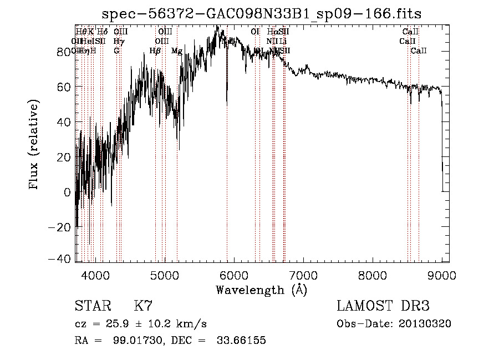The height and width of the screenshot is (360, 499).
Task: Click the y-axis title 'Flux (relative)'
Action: coord(35,145)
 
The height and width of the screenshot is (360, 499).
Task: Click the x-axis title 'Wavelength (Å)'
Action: coord(262,290)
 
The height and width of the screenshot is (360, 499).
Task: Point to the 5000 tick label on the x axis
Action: coord(165,275)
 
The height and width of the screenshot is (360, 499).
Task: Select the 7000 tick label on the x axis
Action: coord(303,275)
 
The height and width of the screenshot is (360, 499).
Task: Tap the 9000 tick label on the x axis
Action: coord(442,275)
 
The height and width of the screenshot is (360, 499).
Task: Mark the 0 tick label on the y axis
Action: coord(68,192)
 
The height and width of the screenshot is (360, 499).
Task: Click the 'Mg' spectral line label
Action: coord(177,51)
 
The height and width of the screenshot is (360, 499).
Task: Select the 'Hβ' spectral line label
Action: coord(155,51)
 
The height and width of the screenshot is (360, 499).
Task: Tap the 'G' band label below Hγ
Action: coord(116,51)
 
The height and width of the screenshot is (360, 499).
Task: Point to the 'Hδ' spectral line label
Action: coord(102,32)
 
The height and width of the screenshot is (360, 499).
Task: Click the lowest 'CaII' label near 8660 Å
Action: coord(419,51)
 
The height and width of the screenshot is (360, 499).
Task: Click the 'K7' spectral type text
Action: coord(143,306)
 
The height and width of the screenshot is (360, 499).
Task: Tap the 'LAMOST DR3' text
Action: coord(383,306)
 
